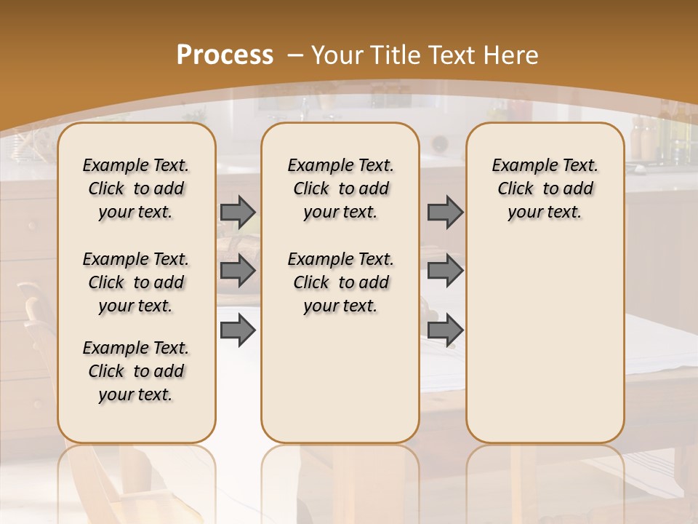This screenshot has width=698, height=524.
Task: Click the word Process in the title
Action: point(225,55)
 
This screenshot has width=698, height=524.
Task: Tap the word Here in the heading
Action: point(511,55)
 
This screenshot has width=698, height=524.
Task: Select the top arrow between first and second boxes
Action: point(238,213)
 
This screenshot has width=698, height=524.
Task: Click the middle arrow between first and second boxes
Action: point(238,271)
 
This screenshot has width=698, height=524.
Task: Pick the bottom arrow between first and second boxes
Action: point(238,330)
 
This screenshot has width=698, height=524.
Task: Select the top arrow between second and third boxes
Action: point(445,213)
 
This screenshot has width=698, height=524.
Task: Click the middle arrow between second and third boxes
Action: point(445,271)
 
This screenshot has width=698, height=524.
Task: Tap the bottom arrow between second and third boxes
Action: point(445,330)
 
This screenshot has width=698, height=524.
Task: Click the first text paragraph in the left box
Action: point(136,188)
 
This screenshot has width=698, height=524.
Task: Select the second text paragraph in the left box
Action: point(136,282)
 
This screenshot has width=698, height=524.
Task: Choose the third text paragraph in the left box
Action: point(136,371)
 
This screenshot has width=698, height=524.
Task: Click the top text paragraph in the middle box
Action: point(340,188)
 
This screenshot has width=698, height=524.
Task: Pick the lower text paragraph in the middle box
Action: point(340,282)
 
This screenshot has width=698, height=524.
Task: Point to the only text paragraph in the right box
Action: point(545,188)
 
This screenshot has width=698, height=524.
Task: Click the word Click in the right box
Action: point(516,189)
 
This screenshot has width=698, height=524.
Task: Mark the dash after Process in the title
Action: point(295,55)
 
